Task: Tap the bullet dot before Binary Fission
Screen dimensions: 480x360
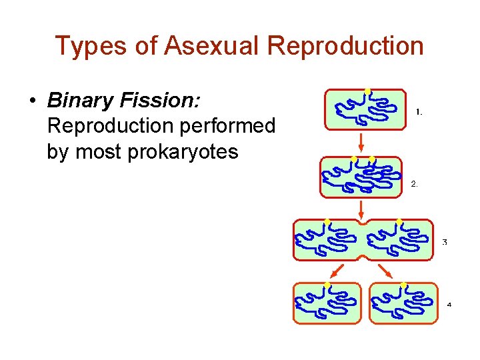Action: coord(32,101)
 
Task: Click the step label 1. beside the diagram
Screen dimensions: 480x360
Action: coord(419,112)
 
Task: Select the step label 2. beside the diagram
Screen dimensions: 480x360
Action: coord(414,183)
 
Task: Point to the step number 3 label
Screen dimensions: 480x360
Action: coord(445,242)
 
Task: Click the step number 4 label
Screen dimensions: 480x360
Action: coord(449,305)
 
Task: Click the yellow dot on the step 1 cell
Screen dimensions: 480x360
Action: coord(367,91)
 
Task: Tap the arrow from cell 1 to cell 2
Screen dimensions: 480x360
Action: coord(361,141)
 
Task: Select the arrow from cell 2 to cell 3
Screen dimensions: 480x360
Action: coord(361,208)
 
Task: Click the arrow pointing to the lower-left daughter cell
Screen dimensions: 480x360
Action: coord(337,270)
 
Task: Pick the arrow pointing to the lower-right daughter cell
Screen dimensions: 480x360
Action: coord(385,270)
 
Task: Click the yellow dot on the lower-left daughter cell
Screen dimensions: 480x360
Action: coord(327,285)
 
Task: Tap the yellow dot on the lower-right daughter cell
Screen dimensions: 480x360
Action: coord(403,285)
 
